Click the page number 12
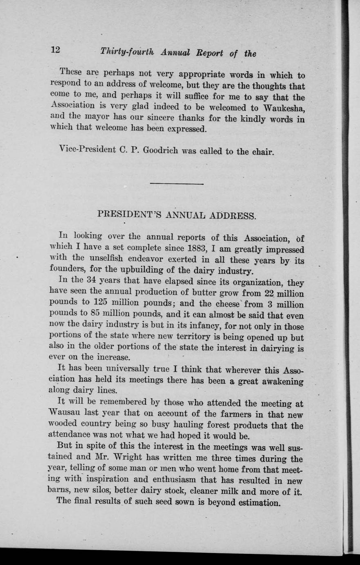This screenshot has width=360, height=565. pyautogui.click(x=55, y=50)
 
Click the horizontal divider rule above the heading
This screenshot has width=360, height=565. pyautogui.click(x=177, y=184)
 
